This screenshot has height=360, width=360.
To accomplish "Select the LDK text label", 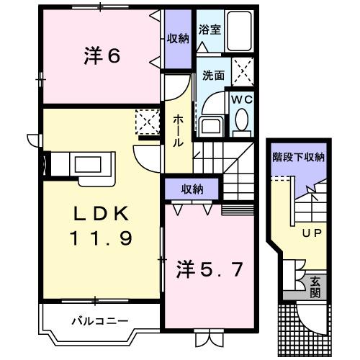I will pos(101,214).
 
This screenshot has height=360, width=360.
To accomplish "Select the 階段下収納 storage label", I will pos(297,156).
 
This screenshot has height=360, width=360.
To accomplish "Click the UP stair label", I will pos(311,232).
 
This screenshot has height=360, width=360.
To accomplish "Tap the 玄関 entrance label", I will pos(315,286).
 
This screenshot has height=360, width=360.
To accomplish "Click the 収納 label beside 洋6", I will pos(178,39).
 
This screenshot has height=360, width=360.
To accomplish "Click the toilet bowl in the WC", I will pos(241,120).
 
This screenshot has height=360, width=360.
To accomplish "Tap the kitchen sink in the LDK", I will pos(90,165).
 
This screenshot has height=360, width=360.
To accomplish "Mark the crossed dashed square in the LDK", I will pos(148,120).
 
